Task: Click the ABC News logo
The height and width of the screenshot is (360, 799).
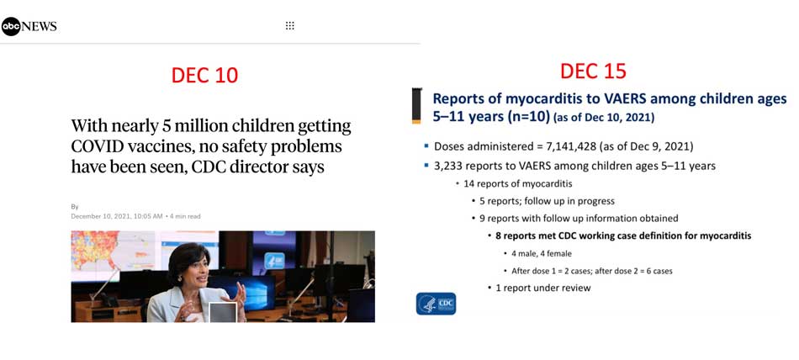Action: [x=29, y=27]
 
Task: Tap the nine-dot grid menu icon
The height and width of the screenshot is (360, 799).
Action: [x=290, y=26]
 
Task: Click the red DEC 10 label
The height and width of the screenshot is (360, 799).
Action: [x=205, y=75]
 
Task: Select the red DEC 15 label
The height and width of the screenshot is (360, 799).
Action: [x=593, y=71]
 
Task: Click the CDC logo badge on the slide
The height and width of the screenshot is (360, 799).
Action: [x=437, y=304]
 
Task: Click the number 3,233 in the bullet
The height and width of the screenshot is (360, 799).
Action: [x=447, y=166]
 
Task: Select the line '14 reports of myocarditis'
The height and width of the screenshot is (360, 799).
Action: [x=517, y=183]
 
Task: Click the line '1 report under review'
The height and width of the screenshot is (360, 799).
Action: [x=543, y=289]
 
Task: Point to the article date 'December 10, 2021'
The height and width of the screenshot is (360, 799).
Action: [x=100, y=216]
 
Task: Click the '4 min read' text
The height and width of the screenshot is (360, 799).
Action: [x=186, y=216]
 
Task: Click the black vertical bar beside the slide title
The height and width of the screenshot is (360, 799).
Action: [x=417, y=105]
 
